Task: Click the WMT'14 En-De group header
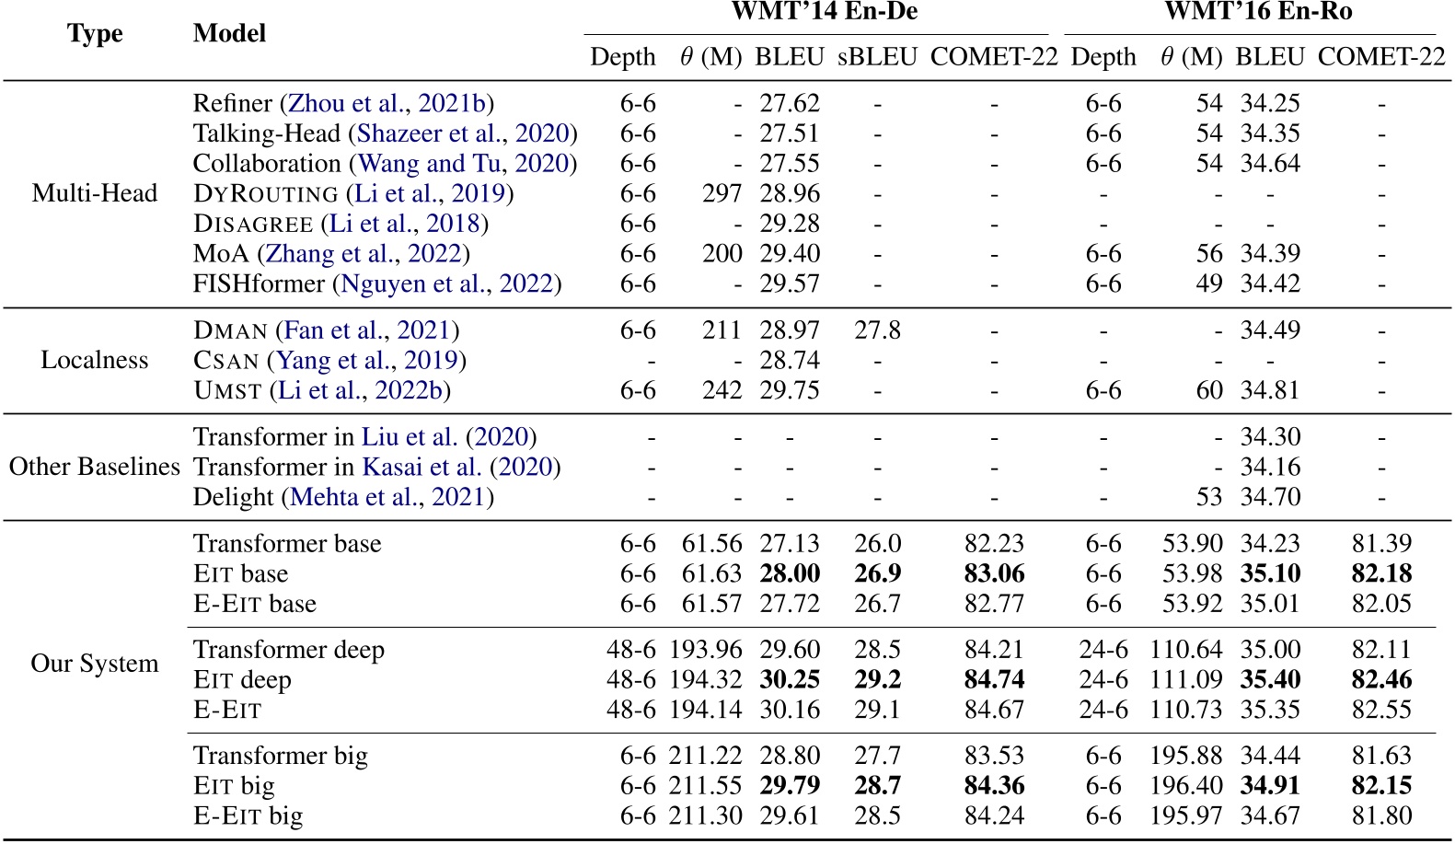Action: click(x=824, y=12)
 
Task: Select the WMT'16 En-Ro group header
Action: click(x=1257, y=12)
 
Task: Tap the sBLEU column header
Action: click(x=877, y=57)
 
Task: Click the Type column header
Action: click(x=95, y=34)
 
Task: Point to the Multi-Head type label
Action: click(x=95, y=193)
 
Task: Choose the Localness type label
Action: click(x=95, y=360)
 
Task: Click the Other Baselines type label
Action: click(x=95, y=467)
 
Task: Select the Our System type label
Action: click(x=95, y=664)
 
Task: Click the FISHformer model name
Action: click(x=259, y=283)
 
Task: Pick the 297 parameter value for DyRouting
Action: click(x=722, y=193)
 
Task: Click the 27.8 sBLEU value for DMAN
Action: click(x=877, y=330)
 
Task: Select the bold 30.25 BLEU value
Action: click(x=789, y=679)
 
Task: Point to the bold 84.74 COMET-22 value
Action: click(x=994, y=679)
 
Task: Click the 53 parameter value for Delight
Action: click(x=1209, y=497)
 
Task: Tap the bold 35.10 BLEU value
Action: click(x=1270, y=573)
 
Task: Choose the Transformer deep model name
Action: click(x=289, y=650)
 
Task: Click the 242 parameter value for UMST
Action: click(x=722, y=390)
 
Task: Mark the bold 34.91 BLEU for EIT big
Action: click(x=1270, y=785)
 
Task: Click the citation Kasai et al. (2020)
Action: click(x=460, y=467)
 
